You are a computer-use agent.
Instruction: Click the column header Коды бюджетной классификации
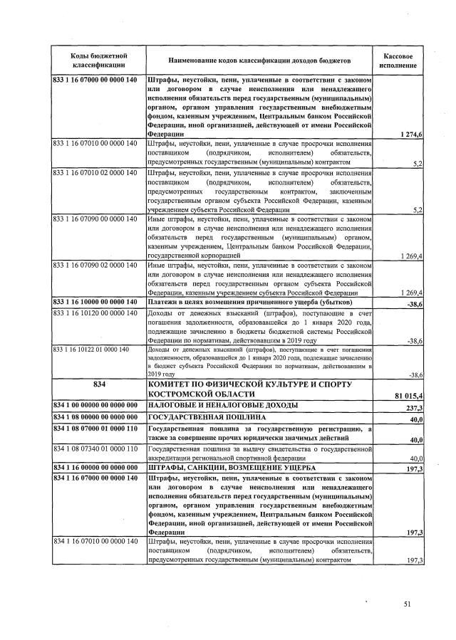pyautogui.click(x=98, y=60)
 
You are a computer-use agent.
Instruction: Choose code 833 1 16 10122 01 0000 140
pyautogui.click(x=90, y=350)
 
